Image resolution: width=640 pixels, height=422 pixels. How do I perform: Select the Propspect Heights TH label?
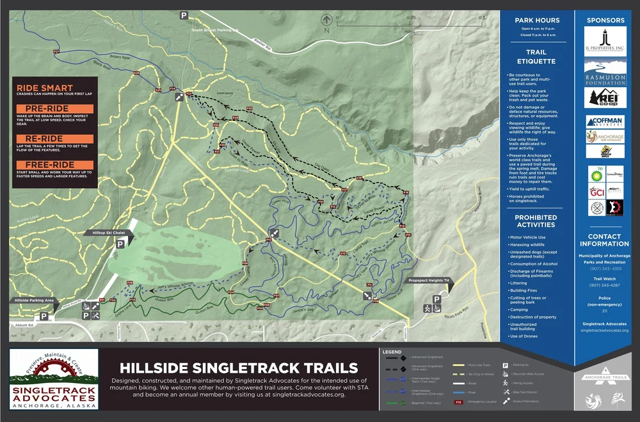428,281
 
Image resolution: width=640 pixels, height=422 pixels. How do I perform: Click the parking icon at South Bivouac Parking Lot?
184,15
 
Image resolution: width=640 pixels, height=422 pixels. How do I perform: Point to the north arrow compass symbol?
326,21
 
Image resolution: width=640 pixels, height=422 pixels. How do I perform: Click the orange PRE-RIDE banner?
55,109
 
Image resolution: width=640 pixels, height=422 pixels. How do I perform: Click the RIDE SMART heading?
45,88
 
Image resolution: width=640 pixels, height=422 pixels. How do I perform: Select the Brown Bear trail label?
119,57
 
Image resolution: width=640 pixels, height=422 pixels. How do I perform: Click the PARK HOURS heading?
537,20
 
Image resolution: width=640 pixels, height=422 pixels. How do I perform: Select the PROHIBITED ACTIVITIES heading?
536,221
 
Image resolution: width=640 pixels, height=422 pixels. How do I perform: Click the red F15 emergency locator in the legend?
458,402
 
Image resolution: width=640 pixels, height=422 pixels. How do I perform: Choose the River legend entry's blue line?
458,393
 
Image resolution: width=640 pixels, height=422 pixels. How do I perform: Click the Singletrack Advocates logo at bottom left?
54,379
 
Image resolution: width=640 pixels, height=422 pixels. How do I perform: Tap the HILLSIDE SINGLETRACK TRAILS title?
239,368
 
